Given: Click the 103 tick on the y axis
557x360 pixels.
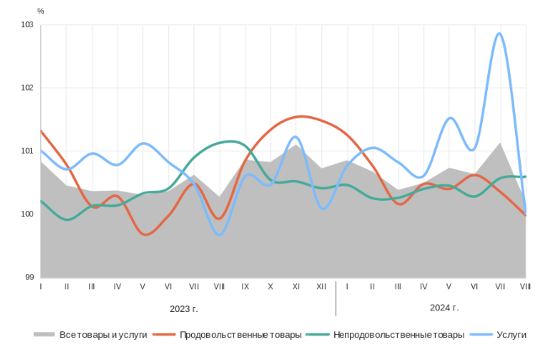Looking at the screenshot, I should [x=27, y=25].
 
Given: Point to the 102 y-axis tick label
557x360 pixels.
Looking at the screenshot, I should [x=27, y=88].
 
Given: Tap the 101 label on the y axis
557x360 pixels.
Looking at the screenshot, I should [x=27, y=151].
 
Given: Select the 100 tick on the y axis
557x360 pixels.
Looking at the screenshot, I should [x=27, y=214].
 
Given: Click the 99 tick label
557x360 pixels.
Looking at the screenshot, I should [x=29, y=278].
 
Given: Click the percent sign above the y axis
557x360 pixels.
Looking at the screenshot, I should [x=40, y=12].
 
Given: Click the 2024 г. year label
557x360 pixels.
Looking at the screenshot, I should [x=443, y=307].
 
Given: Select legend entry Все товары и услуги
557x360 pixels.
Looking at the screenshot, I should [x=103, y=335].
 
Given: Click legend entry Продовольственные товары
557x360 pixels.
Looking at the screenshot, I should [x=240, y=335].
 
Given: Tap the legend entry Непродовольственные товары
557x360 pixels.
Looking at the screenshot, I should [x=398, y=335].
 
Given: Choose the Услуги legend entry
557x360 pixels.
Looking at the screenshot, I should [x=511, y=335].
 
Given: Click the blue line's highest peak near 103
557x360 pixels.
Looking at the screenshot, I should [x=500, y=34].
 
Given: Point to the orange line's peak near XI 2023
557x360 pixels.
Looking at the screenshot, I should [x=300, y=116].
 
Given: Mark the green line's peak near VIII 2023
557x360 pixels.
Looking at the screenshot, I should [x=229, y=141].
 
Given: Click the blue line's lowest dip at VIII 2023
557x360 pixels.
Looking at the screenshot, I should [x=220, y=235].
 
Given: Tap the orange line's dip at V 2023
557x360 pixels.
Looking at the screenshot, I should [x=146, y=235].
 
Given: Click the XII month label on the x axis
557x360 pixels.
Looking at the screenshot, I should [x=321, y=287].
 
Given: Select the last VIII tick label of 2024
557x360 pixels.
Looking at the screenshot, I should [x=525, y=287].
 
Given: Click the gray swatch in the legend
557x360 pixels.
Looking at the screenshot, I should [x=44, y=335].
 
